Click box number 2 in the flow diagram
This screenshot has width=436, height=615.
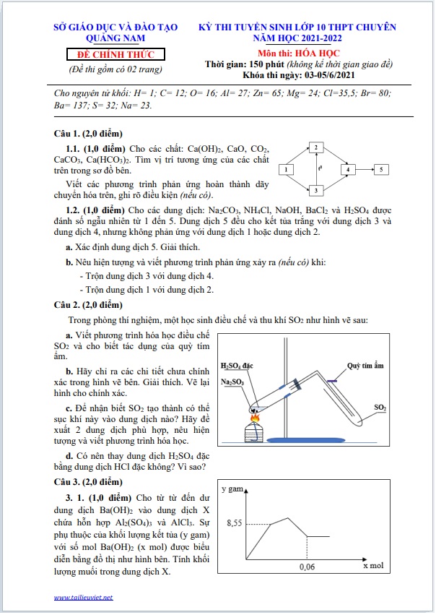(315, 148)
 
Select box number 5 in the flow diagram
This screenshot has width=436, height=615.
(383, 170)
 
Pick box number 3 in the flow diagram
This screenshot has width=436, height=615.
(315, 191)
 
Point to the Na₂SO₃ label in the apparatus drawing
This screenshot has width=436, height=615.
(232, 382)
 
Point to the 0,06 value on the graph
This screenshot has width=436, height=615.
(308, 568)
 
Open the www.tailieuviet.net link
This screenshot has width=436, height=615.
(84, 598)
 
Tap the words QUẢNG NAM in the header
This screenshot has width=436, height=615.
(115, 38)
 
